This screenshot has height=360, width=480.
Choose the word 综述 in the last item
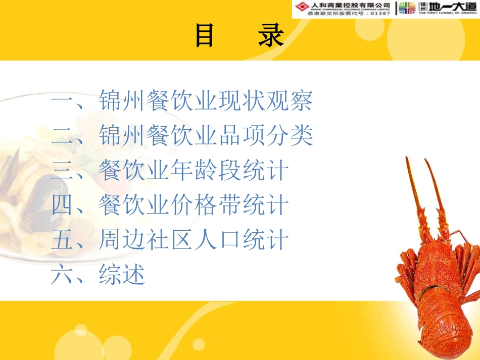click(x=122, y=275)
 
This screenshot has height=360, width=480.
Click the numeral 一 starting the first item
click(x=63, y=101)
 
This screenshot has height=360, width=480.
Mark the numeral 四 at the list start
click(x=63, y=206)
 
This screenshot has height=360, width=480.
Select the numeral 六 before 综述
click(x=63, y=276)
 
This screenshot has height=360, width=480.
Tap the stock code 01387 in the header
click(x=379, y=13)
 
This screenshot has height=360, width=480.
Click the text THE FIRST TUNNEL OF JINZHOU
click(x=446, y=14)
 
